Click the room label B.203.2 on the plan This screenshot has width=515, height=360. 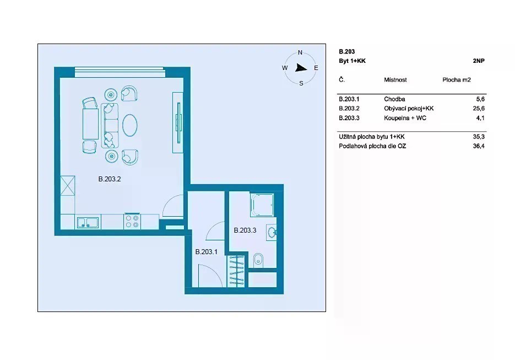pyautogui.click(x=110, y=179)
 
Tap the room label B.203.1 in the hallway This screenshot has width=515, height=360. pyautogui.click(x=206, y=252)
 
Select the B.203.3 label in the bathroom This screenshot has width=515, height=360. pyautogui.click(x=245, y=230)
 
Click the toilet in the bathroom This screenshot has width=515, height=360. pyautogui.click(x=258, y=260)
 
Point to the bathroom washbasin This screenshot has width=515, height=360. pyautogui.click(x=272, y=233)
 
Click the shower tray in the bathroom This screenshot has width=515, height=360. pyautogui.click(x=262, y=205)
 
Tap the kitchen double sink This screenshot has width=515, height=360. pyautogui.click(x=88, y=223)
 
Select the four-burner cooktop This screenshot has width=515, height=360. pyautogui.click(x=132, y=221)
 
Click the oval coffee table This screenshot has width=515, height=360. pyautogui.click(x=130, y=125)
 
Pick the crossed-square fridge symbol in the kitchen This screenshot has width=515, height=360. pyautogui.click(x=68, y=186)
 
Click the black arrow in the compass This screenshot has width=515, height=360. pyautogui.click(x=301, y=68)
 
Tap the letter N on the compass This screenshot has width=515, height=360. pyautogui.click(x=300, y=52)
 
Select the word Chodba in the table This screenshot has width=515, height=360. pyautogui.click(x=394, y=99)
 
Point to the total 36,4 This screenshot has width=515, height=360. pyautogui.click(x=479, y=146)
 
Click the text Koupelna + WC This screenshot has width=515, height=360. pyautogui.click(x=405, y=118)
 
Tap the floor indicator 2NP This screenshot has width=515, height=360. pyautogui.click(x=479, y=61)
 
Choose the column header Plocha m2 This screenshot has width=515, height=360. pyautogui.click(x=457, y=80)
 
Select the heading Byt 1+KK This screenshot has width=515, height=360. pyautogui.click(x=352, y=61)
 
